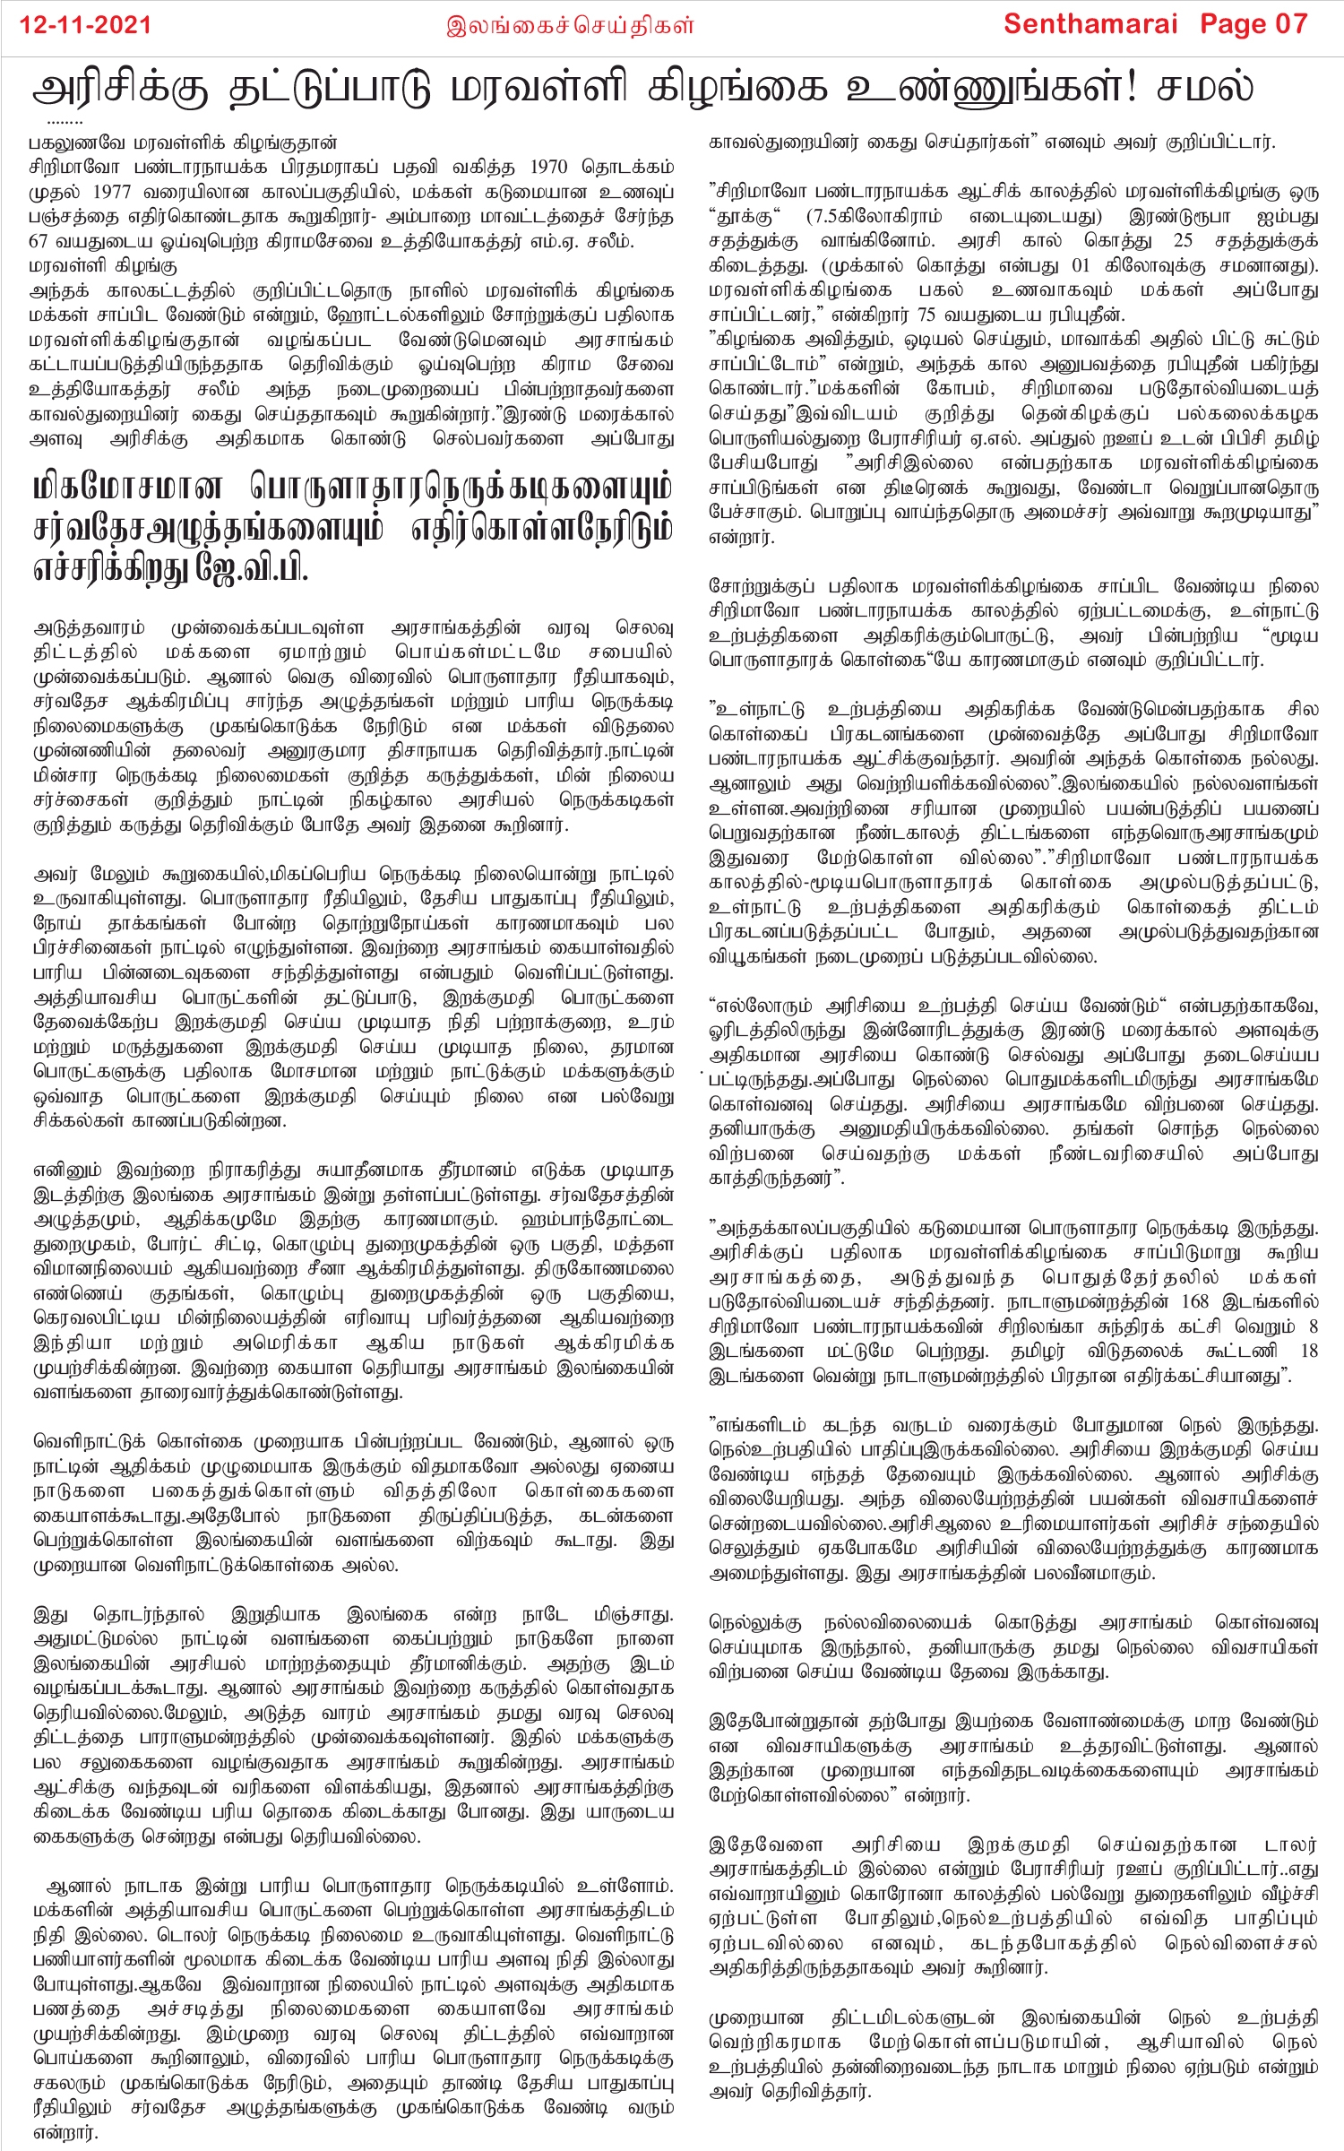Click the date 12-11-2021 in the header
click(x=86, y=25)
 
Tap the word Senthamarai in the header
click(x=1089, y=24)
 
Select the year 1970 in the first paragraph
click(x=547, y=167)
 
